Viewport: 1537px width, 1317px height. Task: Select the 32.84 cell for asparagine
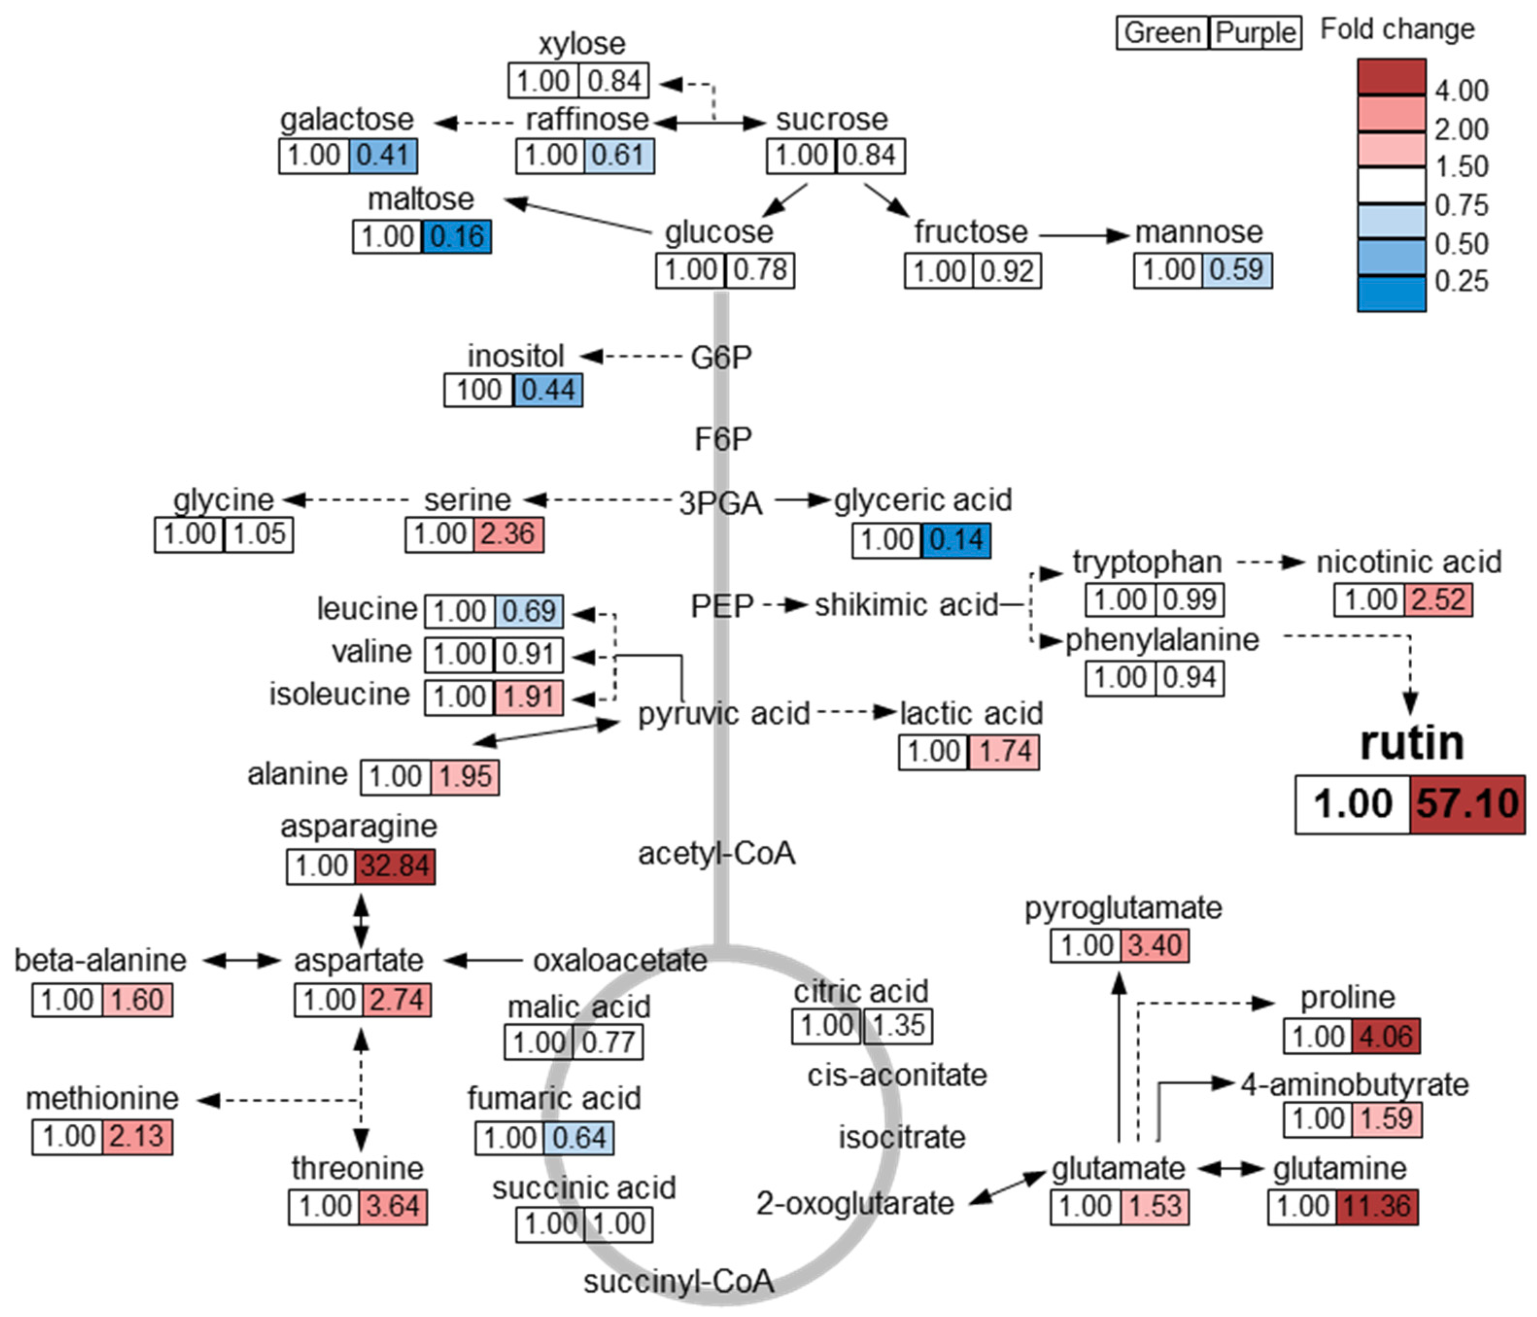pyautogui.click(x=394, y=866)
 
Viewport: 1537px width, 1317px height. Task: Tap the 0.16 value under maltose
pyautogui.click(x=457, y=237)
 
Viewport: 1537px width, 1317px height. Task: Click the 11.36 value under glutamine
pyautogui.click(x=1377, y=1206)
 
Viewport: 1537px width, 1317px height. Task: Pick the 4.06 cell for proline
pyautogui.click(x=1385, y=1037)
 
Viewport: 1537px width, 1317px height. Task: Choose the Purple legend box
pyautogui.click(x=1255, y=33)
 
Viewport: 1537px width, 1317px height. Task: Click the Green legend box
pyautogui.click(x=1162, y=33)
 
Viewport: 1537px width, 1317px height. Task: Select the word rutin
pyautogui.click(x=1412, y=743)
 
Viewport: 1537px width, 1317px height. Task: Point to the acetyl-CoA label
pyautogui.click(x=717, y=853)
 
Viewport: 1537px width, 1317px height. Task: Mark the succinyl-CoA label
pyautogui.click(x=679, y=1282)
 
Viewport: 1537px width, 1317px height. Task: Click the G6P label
pyautogui.click(x=721, y=358)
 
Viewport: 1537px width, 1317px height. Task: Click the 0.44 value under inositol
pyautogui.click(x=547, y=390)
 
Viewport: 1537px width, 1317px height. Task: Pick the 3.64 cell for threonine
pyautogui.click(x=393, y=1206)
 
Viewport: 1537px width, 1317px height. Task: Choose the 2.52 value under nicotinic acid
pyautogui.click(x=1437, y=599)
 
